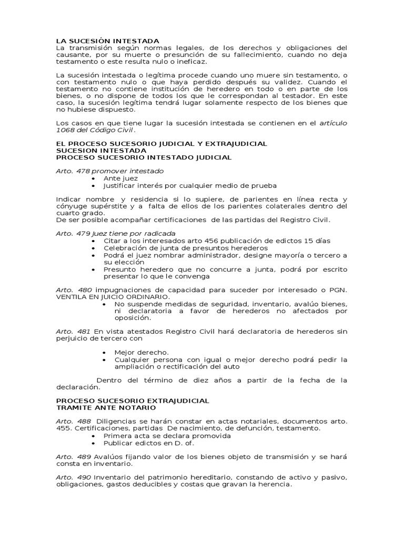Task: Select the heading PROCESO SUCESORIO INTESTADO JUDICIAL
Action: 143,157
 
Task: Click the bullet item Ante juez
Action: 120,178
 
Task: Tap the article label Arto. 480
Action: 74,290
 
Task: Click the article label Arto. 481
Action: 74,331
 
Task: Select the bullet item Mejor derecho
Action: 142,352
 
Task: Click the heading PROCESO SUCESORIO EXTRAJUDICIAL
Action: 132,401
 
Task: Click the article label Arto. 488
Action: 73,421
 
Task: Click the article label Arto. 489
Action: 74,456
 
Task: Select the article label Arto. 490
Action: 74,477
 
